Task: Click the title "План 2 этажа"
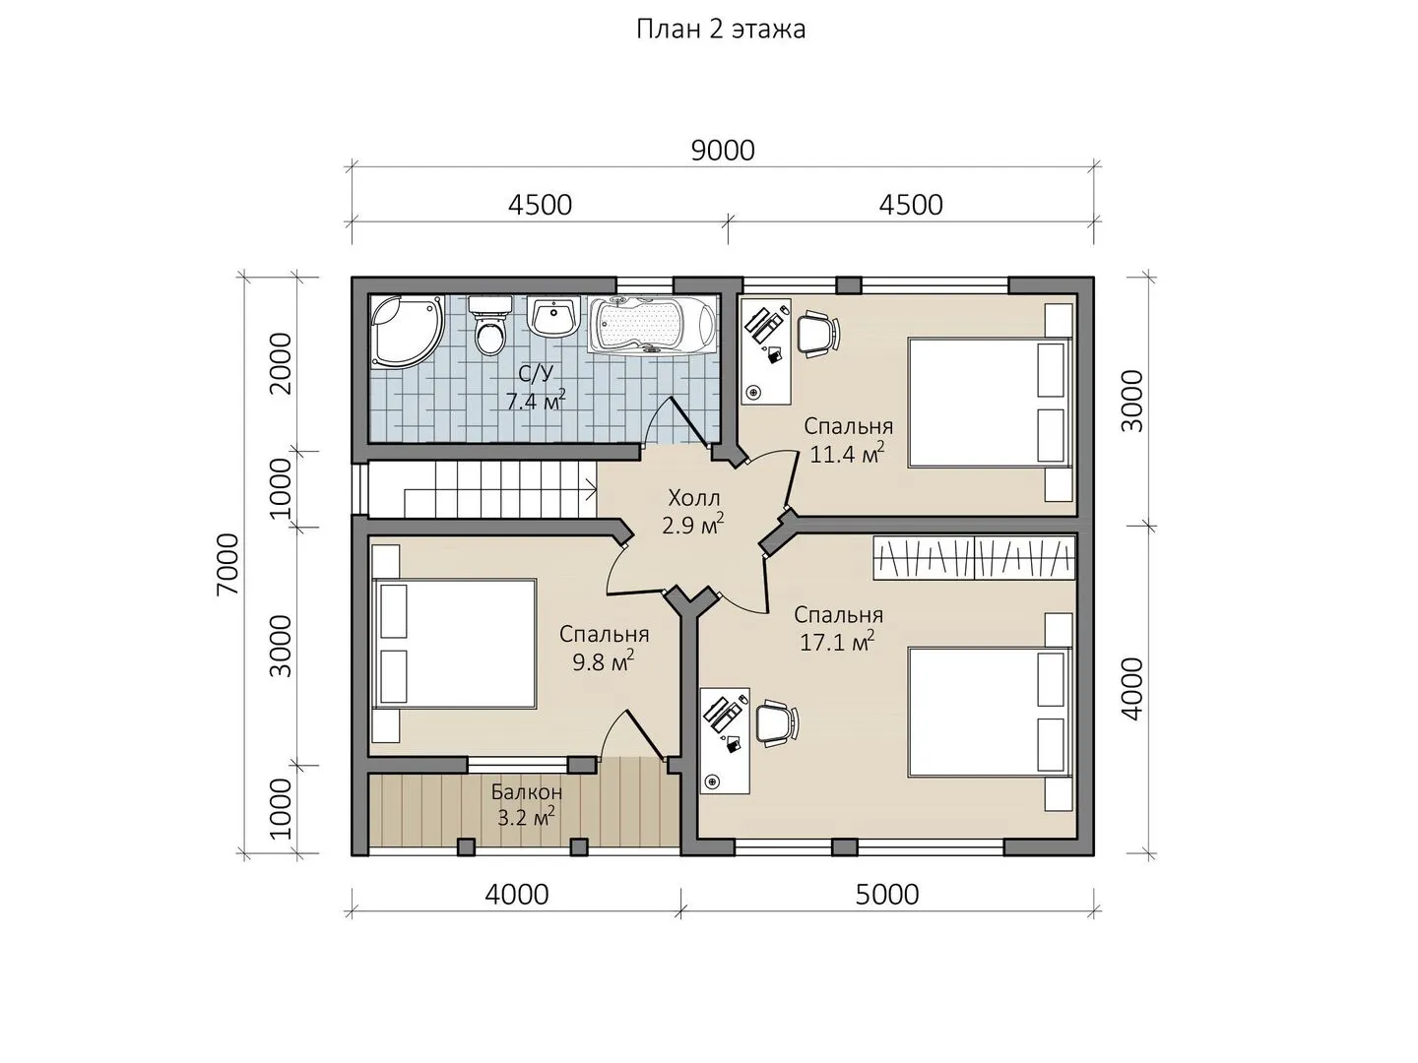pos(721,30)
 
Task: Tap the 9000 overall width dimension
pos(723,151)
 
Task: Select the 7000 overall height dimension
pos(228,564)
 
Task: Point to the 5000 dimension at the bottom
pos(887,895)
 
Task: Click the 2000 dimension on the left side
pos(281,363)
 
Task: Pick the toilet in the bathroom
pos(489,325)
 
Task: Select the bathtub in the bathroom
pos(653,325)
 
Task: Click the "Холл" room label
pos(694,498)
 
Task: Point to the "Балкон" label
pos(527,791)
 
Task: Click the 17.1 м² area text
pos(837,642)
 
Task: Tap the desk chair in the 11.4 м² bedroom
pos(818,333)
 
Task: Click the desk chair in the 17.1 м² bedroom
pos(777,723)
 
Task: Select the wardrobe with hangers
pos(974,558)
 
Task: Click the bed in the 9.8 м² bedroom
pos(454,644)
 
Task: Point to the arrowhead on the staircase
pos(591,489)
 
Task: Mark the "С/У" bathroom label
pos(537,374)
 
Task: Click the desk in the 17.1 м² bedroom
pos(725,740)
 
